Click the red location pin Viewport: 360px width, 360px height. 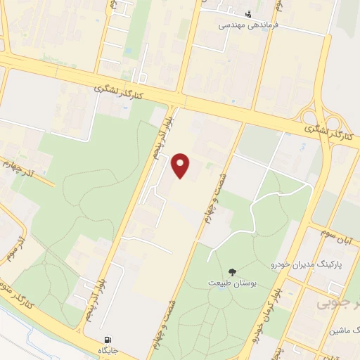click(182, 165)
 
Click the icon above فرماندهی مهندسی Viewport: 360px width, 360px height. click(247, 13)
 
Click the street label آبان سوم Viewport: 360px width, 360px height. click(347, 240)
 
